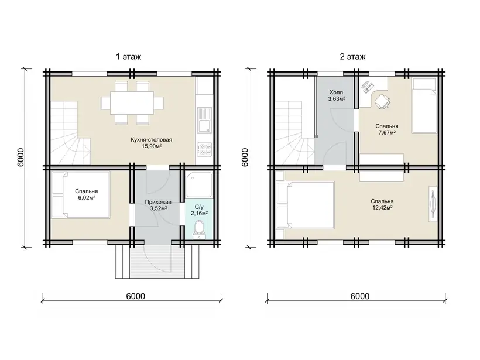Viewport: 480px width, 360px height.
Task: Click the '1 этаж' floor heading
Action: point(129,57)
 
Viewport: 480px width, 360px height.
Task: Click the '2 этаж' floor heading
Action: point(352,57)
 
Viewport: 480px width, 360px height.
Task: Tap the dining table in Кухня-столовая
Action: point(132,102)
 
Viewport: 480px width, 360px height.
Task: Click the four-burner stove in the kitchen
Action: point(204,150)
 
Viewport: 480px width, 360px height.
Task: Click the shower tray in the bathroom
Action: point(198,184)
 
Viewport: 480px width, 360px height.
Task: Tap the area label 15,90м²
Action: point(152,146)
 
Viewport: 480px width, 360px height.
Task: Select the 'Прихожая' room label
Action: point(158,202)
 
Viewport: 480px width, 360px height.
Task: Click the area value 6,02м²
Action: point(87,198)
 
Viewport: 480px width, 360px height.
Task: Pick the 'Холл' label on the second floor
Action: point(336,92)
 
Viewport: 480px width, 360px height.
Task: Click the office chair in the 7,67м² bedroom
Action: point(382,101)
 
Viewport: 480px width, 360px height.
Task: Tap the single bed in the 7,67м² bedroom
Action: point(424,106)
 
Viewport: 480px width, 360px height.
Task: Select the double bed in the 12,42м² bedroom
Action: point(305,204)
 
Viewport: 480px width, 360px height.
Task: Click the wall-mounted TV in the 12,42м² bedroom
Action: point(433,204)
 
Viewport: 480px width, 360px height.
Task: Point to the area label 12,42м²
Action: point(382,208)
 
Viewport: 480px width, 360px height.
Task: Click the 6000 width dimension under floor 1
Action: point(135,296)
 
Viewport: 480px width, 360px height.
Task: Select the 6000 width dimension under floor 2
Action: point(359,296)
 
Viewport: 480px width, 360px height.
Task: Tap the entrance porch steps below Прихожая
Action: point(157,262)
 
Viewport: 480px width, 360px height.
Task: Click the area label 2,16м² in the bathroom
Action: point(199,214)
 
